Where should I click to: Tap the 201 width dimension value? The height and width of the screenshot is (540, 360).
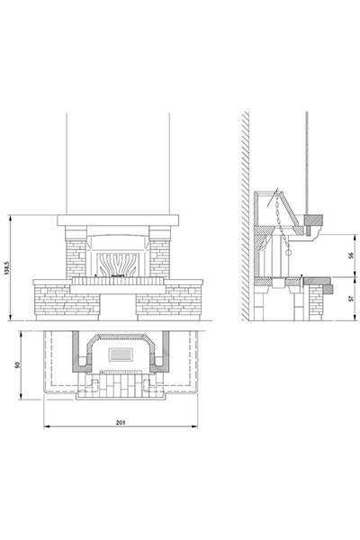121,422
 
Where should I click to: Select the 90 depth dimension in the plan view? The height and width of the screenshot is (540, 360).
18,364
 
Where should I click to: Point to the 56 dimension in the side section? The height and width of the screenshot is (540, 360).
351,256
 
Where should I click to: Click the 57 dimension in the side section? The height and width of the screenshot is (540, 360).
351,298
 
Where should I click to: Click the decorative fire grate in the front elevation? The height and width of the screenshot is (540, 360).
118,265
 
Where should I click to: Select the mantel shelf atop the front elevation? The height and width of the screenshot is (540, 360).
118,220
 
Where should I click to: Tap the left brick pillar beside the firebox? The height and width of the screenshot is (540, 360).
76,259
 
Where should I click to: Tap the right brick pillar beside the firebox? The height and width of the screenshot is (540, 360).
160,259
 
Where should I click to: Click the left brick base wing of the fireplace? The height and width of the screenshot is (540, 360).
67,300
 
